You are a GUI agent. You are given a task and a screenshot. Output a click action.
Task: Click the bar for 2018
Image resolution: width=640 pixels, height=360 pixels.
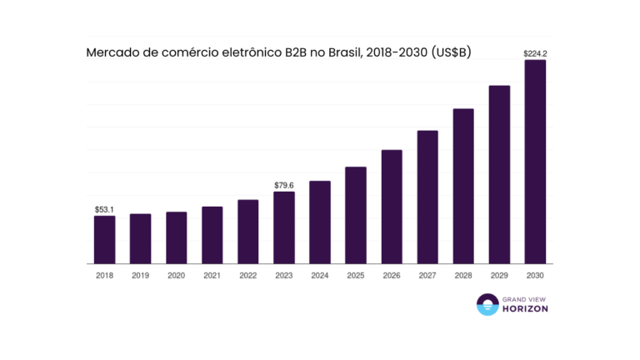tap(104, 239)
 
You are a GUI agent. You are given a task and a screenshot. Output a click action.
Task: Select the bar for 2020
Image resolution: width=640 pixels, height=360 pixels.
tap(176, 237)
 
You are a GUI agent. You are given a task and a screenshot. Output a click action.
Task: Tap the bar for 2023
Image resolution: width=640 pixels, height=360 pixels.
tap(284, 227)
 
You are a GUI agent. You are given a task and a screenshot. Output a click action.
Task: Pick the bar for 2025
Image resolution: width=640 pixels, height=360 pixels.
tap(356, 215)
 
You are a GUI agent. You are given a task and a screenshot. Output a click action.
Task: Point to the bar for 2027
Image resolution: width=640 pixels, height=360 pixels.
tap(427, 197)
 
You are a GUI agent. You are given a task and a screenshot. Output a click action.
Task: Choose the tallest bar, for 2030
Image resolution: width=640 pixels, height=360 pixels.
tap(535, 162)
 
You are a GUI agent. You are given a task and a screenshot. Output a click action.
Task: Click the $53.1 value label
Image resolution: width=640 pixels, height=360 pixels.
tap(104, 210)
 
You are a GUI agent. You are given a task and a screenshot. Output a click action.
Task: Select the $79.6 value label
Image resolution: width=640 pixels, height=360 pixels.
tap(284, 185)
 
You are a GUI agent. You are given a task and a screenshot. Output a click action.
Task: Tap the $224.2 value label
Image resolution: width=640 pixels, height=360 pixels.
tap(535, 53)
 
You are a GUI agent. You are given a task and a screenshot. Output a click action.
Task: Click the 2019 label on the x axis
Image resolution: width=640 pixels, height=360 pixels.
tap(140, 275)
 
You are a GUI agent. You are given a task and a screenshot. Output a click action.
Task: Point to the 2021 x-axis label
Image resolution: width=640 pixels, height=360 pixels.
tap(212, 275)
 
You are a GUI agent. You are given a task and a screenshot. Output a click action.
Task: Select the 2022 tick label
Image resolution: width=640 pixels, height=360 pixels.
tap(247, 275)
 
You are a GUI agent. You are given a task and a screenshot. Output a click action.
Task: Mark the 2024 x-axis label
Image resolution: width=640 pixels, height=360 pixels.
tap(320, 275)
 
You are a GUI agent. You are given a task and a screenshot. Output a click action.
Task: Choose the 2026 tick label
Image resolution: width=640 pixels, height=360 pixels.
tap(392, 275)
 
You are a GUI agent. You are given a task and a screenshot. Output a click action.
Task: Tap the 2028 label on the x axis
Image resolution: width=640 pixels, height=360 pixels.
tap(463, 275)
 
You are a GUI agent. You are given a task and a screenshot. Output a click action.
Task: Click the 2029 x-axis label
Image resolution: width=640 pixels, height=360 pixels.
tap(499, 275)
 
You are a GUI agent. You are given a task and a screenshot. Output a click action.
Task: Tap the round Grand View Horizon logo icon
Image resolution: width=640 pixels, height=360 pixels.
tap(486, 305)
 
